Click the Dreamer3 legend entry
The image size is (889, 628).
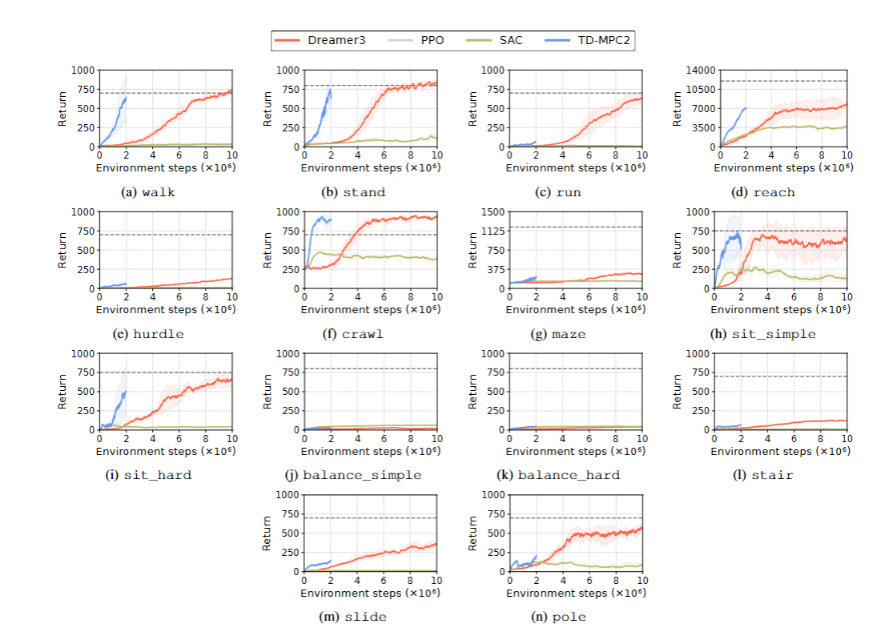319,39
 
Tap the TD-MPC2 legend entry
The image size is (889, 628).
589,39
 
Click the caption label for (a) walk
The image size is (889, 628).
148,192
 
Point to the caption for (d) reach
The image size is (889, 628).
763,192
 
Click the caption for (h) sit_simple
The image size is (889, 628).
763,334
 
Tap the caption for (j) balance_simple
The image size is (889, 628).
353,475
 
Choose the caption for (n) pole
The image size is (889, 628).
559,616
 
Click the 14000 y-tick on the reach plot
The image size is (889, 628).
698,70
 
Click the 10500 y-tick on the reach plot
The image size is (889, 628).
698,89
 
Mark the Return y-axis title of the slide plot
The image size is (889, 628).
268,533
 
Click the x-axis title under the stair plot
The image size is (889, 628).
782,450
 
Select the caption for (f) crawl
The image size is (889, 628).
353,334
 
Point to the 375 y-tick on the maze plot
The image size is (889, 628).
497,269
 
